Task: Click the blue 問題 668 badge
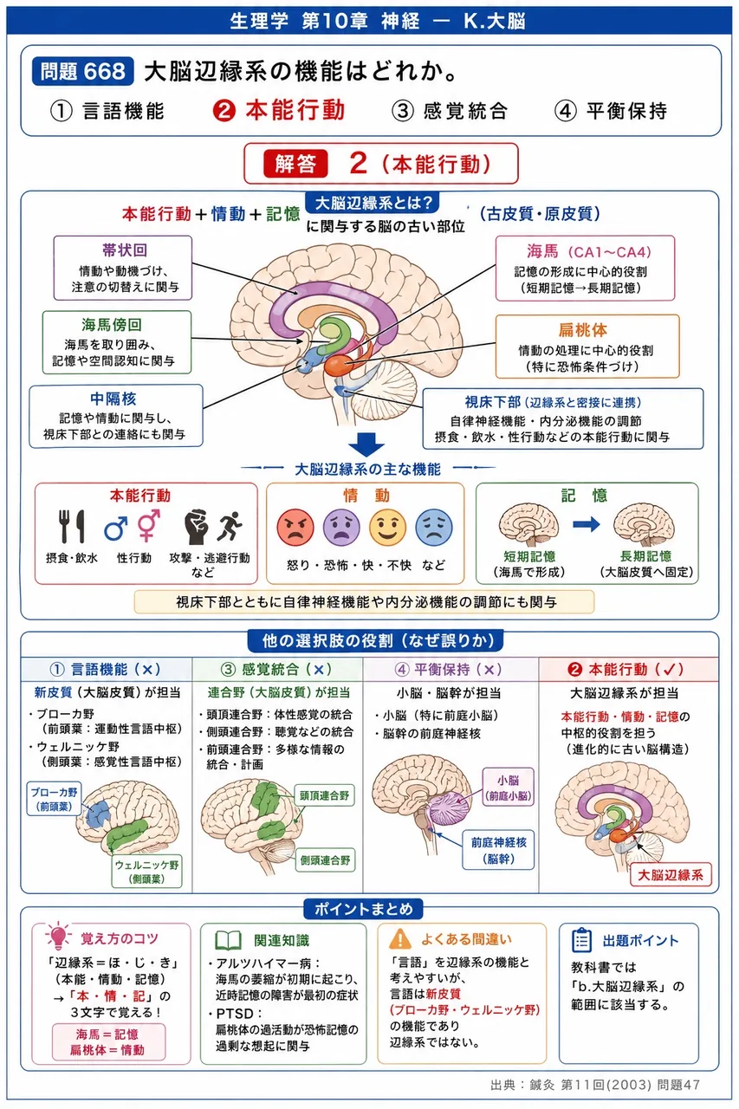click(82, 71)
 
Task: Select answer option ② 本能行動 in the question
click(279, 110)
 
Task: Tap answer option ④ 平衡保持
click(611, 110)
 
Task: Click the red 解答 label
click(295, 164)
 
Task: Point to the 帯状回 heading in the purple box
click(125, 250)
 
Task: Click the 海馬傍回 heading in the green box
click(112, 325)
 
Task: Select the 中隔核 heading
click(113, 399)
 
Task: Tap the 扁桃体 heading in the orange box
click(583, 330)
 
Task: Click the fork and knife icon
click(72, 526)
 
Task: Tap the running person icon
click(230, 526)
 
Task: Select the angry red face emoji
click(295, 528)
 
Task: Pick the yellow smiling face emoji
click(387, 528)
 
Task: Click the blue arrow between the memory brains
click(586, 524)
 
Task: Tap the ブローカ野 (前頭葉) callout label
click(55, 799)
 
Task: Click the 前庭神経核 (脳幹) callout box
click(498, 850)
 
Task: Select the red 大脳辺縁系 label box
click(671, 875)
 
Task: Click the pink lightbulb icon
click(58, 935)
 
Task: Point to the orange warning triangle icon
click(400, 938)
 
